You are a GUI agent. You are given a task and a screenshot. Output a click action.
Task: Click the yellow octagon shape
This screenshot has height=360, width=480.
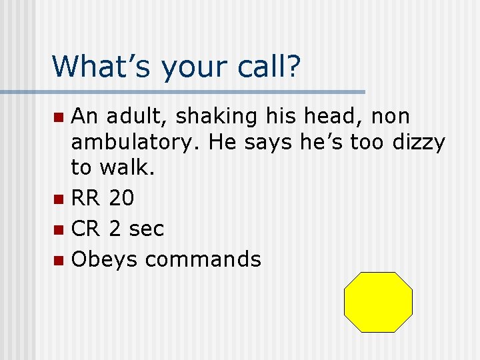point(378,302)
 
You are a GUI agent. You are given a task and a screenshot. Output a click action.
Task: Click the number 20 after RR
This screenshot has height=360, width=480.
point(121,198)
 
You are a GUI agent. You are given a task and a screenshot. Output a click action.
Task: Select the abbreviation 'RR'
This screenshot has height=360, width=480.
point(85,198)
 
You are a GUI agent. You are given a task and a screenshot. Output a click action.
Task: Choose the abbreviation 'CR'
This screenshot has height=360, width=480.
point(85,229)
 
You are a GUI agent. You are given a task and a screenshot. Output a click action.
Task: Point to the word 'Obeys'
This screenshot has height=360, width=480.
point(105,259)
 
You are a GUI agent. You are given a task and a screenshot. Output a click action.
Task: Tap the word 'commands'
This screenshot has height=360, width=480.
point(203,259)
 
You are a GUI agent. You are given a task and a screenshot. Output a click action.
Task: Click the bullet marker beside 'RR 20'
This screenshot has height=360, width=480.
point(59,199)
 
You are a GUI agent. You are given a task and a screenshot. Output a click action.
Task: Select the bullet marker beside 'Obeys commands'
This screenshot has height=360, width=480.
point(59,259)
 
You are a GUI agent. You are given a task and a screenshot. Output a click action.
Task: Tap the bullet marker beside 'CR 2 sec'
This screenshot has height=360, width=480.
point(59,229)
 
